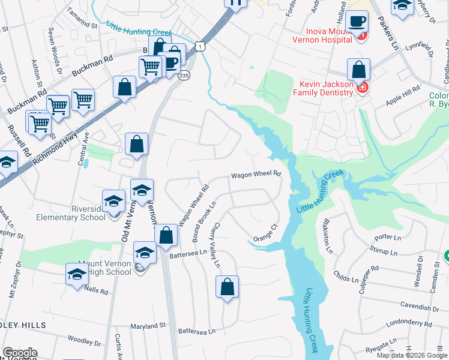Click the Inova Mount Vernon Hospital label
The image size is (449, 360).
pyautogui.click(x=321, y=35)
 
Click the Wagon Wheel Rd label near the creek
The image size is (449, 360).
pyautogui.click(x=257, y=175)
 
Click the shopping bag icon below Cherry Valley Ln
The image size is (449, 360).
pyautogui.click(x=228, y=287)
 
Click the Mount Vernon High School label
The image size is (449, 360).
pyautogui.click(x=106, y=268)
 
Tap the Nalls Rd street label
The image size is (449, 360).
pyautogui.click(x=96, y=292)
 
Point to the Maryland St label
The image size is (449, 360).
pyautogui.click(x=150, y=326)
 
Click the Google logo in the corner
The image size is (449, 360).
pyautogui.click(x=20, y=353)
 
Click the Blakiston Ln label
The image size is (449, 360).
pyautogui.click(x=327, y=239)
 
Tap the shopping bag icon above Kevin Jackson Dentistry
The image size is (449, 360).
pyautogui.click(x=358, y=71)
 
